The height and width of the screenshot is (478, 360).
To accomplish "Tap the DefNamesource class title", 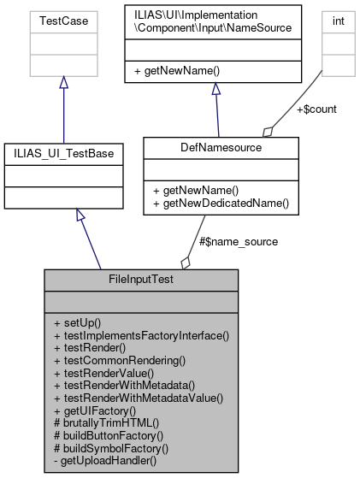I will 221,147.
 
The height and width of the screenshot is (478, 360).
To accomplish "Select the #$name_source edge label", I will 238,242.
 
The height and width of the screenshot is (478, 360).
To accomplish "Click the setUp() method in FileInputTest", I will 77,323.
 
